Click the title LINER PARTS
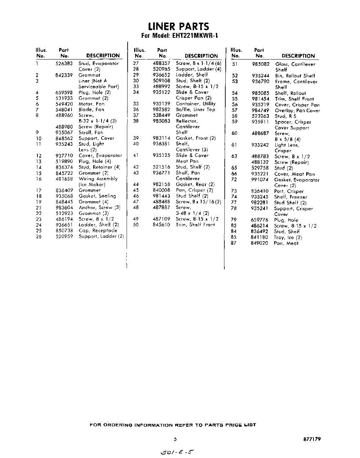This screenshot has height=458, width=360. (179, 26)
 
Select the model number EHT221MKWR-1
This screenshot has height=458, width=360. (193, 36)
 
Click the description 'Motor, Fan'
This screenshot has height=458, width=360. (91, 104)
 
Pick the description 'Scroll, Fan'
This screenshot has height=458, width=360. (91, 132)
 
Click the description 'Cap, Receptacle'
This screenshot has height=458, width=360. (98, 231)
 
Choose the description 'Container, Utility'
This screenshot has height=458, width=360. (195, 104)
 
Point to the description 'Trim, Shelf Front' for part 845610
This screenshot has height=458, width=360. (195, 225)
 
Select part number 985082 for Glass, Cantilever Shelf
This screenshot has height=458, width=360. (261, 65)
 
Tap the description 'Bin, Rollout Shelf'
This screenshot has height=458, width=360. (295, 76)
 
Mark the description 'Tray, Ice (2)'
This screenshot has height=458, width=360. (288, 237)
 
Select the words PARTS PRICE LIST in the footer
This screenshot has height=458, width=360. (229, 425)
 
